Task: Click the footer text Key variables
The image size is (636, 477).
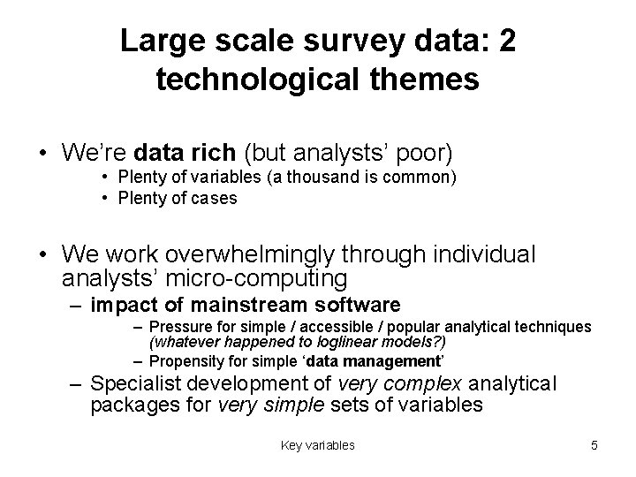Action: point(317,446)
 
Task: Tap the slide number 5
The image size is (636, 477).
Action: point(594,446)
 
